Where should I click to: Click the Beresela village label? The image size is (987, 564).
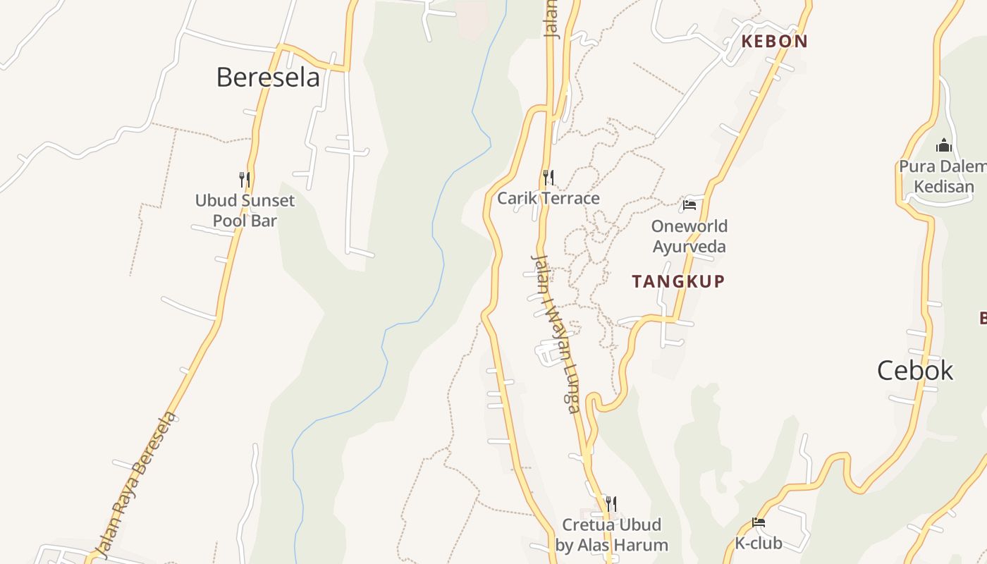268,77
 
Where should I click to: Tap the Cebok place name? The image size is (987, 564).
915,371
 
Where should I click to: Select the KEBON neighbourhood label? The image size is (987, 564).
774,41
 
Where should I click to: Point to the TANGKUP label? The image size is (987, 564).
678,281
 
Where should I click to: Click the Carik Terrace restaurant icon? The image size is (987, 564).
548,177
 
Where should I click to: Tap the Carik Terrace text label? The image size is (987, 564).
548,198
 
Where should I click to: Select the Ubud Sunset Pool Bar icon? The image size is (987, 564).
245,179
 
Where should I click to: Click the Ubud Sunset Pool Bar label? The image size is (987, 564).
245,210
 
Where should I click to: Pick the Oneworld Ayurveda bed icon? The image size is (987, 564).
689,205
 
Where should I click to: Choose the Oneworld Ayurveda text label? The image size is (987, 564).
689,236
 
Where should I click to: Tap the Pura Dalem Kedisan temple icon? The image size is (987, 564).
944,146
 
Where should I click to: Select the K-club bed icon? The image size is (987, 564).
759,522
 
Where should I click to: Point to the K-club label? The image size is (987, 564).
759,544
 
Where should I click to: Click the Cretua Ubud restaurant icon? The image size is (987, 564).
611,503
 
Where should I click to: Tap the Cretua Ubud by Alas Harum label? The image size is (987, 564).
611,535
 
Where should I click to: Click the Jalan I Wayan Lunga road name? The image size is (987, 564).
554,333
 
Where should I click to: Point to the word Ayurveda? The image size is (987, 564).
689,246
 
